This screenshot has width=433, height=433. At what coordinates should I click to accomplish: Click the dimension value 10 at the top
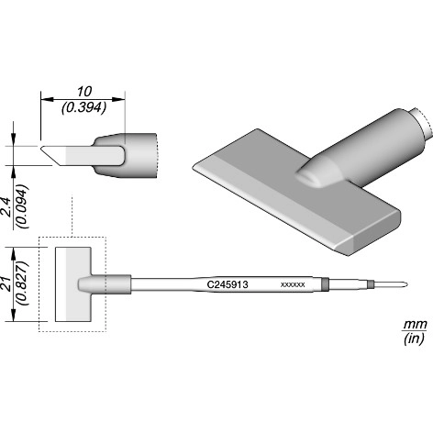point(84,91)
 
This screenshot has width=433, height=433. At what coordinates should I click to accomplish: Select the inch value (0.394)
point(83,107)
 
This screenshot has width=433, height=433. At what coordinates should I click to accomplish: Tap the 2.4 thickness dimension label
point(6,207)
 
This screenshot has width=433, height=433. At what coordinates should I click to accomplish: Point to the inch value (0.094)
point(23,206)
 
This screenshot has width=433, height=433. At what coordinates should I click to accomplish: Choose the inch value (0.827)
point(23,283)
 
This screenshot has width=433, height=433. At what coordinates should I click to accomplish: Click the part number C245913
point(228,284)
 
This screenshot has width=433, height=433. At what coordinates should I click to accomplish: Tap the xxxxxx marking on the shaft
point(293,284)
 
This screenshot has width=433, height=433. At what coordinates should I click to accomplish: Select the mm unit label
point(415,324)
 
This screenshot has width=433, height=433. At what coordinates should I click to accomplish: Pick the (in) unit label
point(414,339)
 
